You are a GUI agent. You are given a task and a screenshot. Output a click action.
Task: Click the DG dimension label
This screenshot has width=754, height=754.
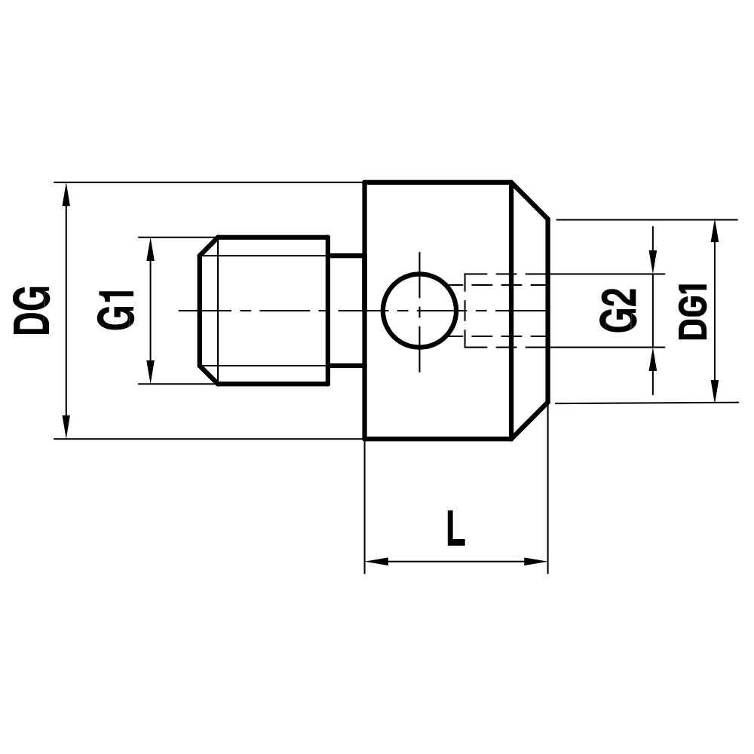point(32,310)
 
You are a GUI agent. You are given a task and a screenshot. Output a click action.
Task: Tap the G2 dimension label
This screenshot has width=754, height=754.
point(619,310)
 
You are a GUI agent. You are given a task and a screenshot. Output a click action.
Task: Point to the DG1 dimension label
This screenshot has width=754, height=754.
point(693,311)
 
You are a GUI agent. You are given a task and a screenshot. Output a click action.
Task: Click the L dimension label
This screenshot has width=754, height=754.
point(455,529)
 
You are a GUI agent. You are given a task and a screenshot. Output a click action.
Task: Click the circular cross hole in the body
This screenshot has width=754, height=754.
point(419,310)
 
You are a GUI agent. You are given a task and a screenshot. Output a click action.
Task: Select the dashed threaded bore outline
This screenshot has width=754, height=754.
point(504,310)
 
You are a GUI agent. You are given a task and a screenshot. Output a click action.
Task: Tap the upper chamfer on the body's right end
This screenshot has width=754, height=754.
point(530,201)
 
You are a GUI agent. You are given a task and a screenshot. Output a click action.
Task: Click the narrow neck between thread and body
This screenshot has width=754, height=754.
point(346,310)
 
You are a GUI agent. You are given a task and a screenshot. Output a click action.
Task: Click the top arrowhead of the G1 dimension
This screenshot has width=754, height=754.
point(150,248)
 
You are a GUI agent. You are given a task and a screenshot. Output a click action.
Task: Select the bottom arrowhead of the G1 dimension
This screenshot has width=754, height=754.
point(150,372)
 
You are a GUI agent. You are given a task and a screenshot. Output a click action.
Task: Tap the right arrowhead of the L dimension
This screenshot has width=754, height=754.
point(536,562)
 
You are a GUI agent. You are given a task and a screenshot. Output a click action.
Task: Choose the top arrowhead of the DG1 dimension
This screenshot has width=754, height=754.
point(714,231)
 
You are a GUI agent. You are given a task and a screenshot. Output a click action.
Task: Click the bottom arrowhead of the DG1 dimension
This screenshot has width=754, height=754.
point(714,391)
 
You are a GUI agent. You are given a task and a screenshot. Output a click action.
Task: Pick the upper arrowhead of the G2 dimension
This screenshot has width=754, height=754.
point(653,262)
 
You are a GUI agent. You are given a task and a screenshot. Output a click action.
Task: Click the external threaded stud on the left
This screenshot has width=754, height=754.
point(264,310)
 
